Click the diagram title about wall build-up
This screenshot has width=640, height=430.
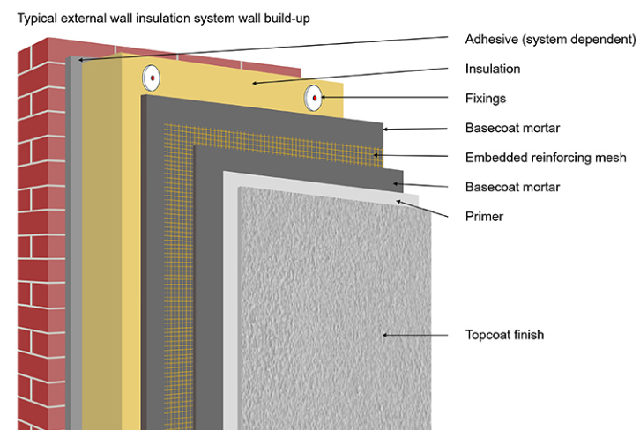pos(163,19)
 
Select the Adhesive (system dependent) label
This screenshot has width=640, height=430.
pos(551,40)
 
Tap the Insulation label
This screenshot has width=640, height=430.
pos(493,69)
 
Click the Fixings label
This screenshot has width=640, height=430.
pos(486,99)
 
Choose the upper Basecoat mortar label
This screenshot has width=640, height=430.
pos(513,128)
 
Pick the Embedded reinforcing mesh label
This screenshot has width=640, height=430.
pos(546,158)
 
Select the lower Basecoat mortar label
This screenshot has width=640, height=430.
pos(513,188)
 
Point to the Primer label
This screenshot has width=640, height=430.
pos(484,217)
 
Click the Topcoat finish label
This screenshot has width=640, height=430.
pos(504,335)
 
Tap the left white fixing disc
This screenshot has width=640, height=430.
pos(151,78)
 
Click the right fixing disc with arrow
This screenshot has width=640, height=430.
pos(313,98)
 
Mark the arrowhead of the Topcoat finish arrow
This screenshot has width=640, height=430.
pos(385,336)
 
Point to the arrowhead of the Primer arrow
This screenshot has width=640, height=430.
pos(398,202)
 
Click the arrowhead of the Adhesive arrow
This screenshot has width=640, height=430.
pos(81,60)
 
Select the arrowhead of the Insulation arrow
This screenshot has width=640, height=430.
pos(255,83)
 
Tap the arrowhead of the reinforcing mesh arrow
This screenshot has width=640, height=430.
pos(376,155)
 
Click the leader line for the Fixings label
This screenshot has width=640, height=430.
pos(385,97)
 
